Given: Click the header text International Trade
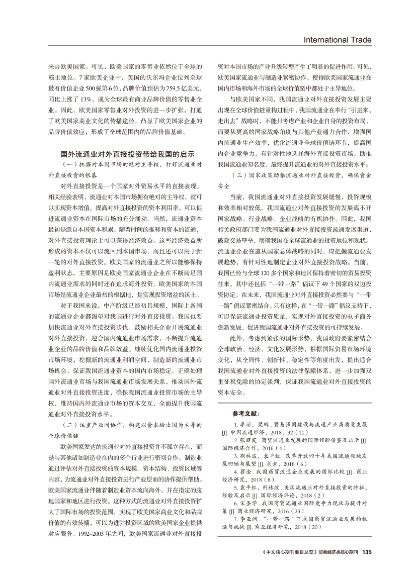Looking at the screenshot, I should click(x=337, y=40).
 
